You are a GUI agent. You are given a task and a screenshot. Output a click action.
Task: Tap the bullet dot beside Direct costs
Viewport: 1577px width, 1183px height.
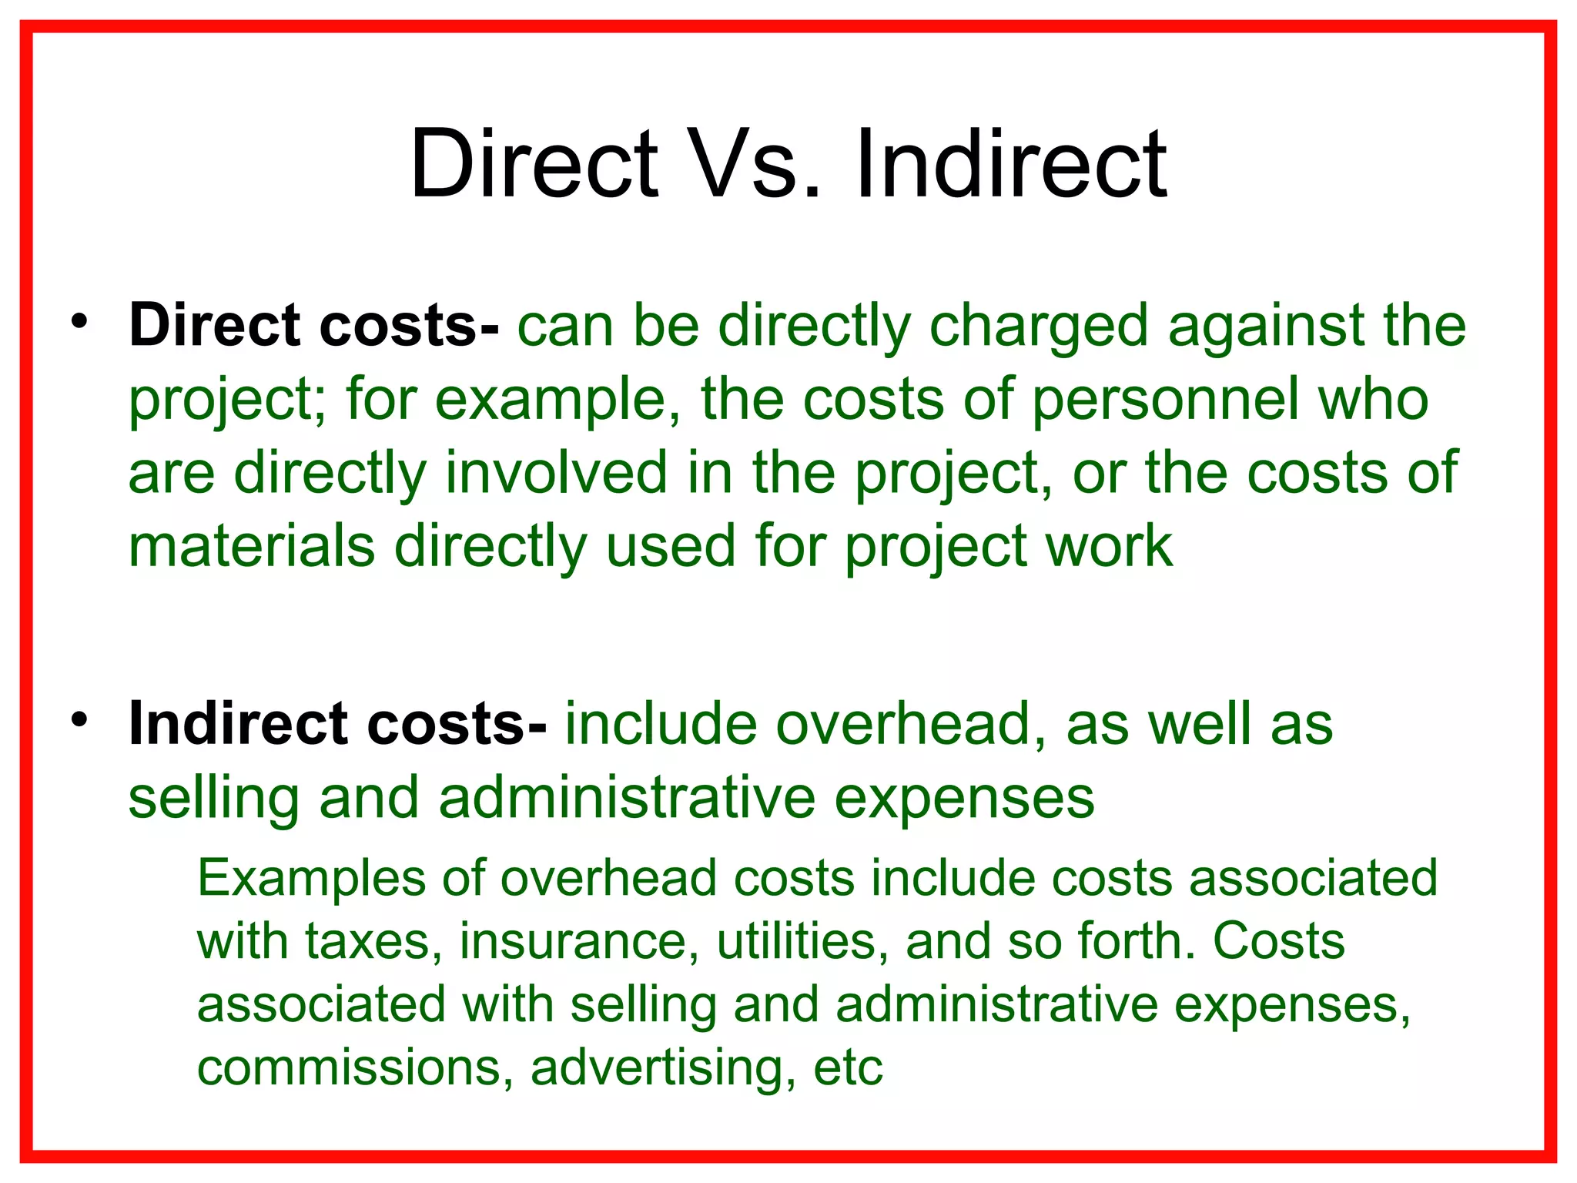coord(79,321)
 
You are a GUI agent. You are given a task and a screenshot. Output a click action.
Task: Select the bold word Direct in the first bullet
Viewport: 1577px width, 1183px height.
coord(214,325)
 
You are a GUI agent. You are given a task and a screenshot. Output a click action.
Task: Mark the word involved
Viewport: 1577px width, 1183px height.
coord(555,472)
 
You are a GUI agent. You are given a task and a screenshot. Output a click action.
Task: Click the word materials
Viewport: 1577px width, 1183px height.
coord(252,546)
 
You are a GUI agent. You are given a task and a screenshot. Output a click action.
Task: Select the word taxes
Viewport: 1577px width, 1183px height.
coord(373,941)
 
